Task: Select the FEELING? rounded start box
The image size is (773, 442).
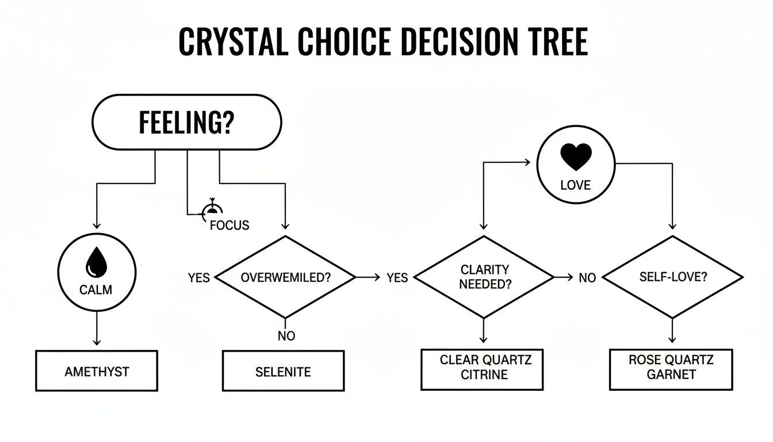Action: (186, 123)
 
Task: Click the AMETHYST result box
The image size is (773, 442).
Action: (97, 371)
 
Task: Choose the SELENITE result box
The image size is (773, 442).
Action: (283, 371)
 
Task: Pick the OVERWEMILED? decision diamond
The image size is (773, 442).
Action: (285, 277)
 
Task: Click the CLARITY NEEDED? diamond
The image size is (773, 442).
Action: (484, 277)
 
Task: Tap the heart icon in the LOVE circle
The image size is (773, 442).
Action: (576, 157)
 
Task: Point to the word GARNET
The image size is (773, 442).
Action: (671, 375)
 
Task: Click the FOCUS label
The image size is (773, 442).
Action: (229, 225)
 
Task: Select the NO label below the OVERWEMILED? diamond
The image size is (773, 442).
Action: (286, 336)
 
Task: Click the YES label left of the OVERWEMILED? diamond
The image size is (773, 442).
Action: (198, 278)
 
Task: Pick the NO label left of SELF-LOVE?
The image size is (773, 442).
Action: (587, 278)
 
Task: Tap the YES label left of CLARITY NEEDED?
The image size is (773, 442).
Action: (397, 278)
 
